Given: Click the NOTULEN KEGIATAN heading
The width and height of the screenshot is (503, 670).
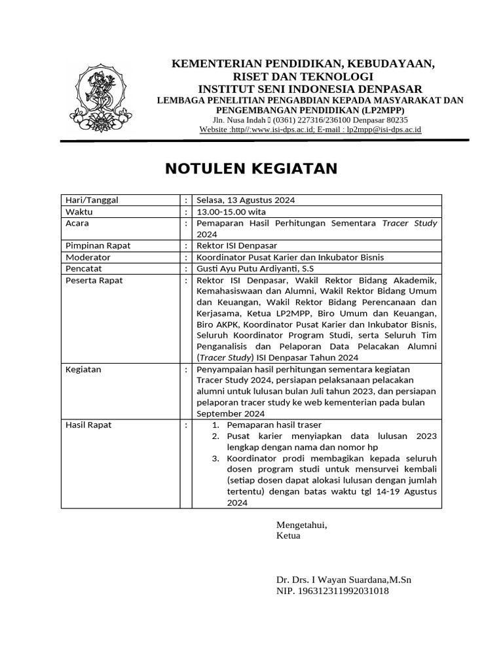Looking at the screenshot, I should click(251, 169).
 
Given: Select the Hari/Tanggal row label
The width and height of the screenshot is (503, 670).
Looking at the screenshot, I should click(92, 200).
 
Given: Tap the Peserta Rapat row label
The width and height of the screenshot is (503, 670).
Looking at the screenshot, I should click(94, 280).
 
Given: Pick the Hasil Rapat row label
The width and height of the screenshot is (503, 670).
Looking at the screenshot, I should click(89, 425).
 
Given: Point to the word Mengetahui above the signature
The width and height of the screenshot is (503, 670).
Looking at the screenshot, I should click(301, 525).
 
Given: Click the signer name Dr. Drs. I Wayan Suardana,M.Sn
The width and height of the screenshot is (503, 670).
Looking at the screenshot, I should click(344, 580).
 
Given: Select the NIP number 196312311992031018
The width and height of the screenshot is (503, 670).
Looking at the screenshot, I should click(333, 591).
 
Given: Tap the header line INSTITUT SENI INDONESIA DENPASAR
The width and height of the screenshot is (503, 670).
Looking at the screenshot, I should click(310, 89).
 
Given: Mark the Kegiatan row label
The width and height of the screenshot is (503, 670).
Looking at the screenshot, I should click(84, 370).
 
